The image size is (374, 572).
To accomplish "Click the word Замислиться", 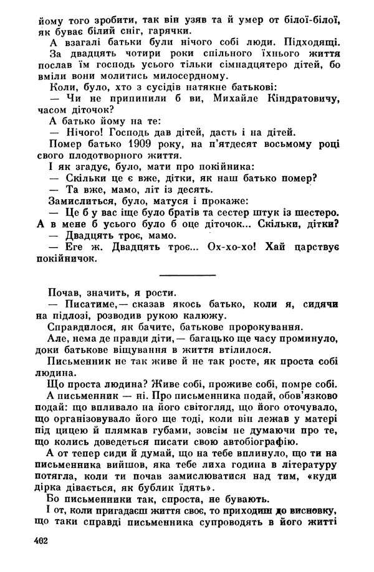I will pyautogui.click(x=79, y=200).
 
